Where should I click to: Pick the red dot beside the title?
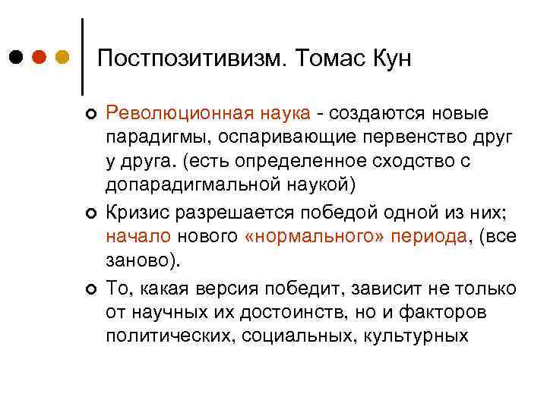[40, 58]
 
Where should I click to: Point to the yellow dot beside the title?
[62, 58]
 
